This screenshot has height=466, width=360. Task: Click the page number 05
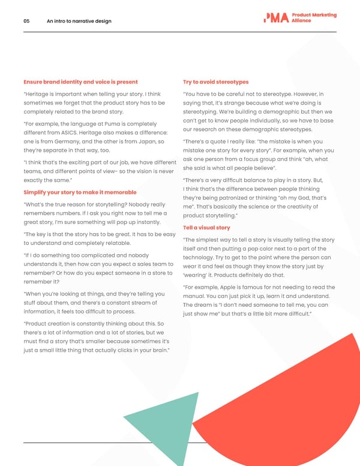(x=26, y=22)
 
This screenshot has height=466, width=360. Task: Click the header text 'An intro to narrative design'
(x=79, y=22)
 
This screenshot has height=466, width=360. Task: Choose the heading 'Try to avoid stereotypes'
(x=215, y=82)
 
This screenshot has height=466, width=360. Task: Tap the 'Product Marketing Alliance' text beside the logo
(x=314, y=18)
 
